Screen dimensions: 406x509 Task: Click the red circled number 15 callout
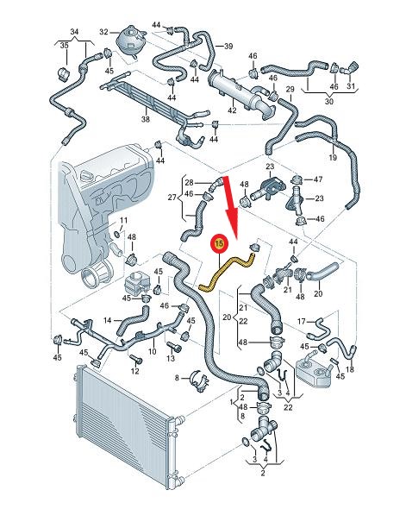point(220,243)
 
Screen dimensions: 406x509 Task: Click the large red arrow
point(231,207)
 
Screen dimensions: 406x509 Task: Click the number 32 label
point(103,32)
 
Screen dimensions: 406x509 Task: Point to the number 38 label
point(146,119)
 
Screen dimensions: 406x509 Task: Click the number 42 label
point(232,110)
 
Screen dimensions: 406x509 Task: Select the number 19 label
point(333,158)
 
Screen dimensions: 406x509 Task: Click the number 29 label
point(290,89)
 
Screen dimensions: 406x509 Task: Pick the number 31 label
point(351,86)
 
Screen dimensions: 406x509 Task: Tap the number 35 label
point(64,46)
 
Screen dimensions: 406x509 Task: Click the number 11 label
point(123,220)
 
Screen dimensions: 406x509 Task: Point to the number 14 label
point(108,321)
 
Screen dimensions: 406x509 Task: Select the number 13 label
point(171,358)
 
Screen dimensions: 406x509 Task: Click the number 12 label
point(134,371)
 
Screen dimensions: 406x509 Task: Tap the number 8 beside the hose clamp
point(177,378)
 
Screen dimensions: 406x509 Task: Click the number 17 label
point(302,322)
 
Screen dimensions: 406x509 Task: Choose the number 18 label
point(350,369)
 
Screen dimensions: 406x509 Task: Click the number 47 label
point(318,179)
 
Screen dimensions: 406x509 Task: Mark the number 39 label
point(228,46)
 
